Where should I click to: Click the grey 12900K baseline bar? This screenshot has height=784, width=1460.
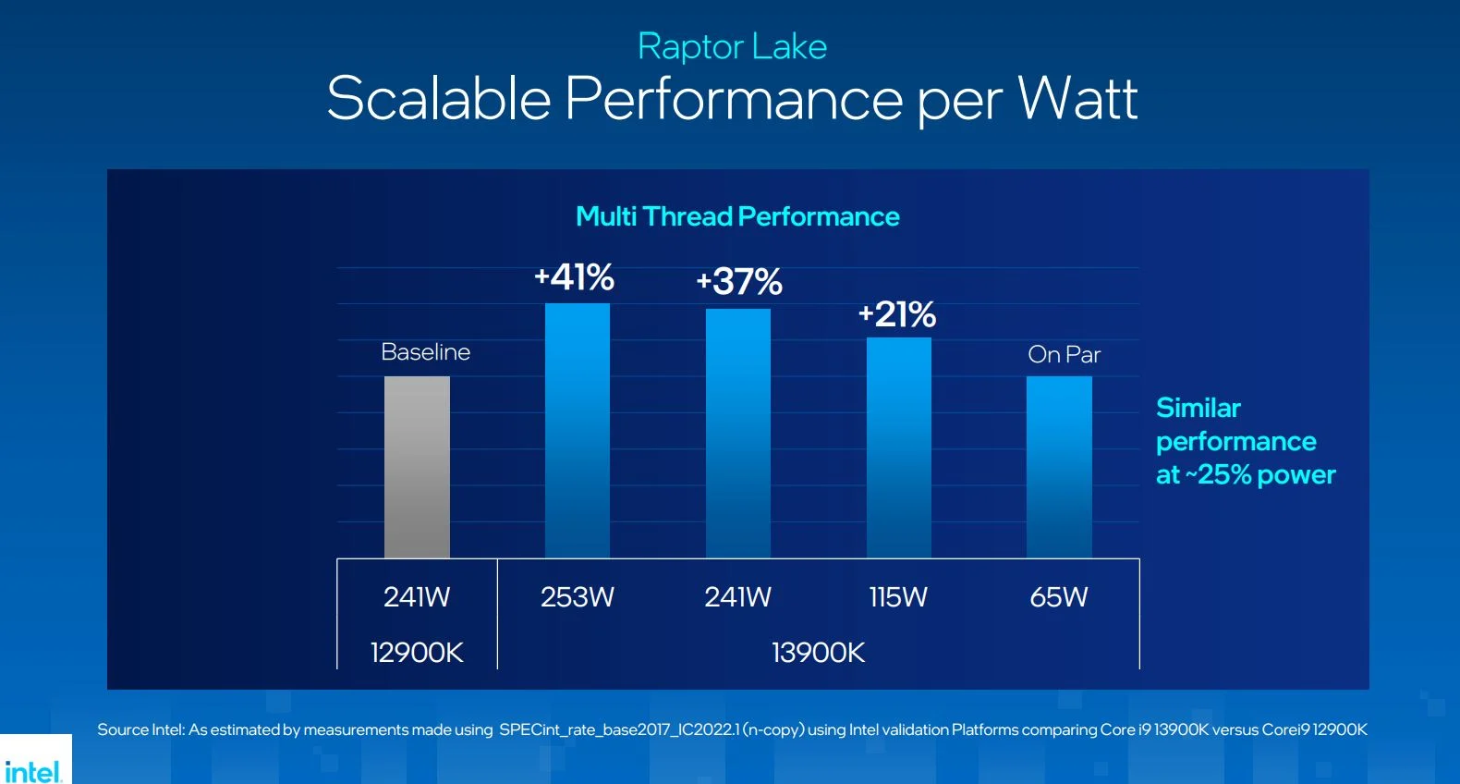coord(417,467)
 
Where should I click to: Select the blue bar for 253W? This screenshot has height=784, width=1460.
coord(578,430)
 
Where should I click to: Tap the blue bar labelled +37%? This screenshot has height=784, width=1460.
coord(738,433)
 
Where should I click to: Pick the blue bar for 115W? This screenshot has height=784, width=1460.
coord(898,447)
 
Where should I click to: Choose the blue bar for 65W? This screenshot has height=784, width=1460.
coord(1059,467)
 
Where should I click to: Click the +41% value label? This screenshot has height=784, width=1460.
coord(575,277)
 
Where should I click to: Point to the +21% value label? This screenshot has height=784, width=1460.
coord(897,314)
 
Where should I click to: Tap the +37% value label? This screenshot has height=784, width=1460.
coord(739,282)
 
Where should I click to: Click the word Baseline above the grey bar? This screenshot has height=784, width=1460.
coord(425,352)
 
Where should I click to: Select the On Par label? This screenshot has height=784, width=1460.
coord(1064,355)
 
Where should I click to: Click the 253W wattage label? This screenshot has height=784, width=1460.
coord(578,597)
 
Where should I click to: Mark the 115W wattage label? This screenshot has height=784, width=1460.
coord(898,597)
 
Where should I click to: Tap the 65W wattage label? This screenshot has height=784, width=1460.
coord(1059,597)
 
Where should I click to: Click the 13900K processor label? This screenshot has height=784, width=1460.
coord(818,653)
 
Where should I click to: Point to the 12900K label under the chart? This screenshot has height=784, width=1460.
coord(417,653)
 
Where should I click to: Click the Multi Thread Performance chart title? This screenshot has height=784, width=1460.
coord(737,216)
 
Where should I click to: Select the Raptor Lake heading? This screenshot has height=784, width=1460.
coord(732,46)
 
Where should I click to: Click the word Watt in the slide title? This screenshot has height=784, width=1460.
coord(1077,98)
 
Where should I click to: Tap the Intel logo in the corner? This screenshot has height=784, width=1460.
coord(33,770)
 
